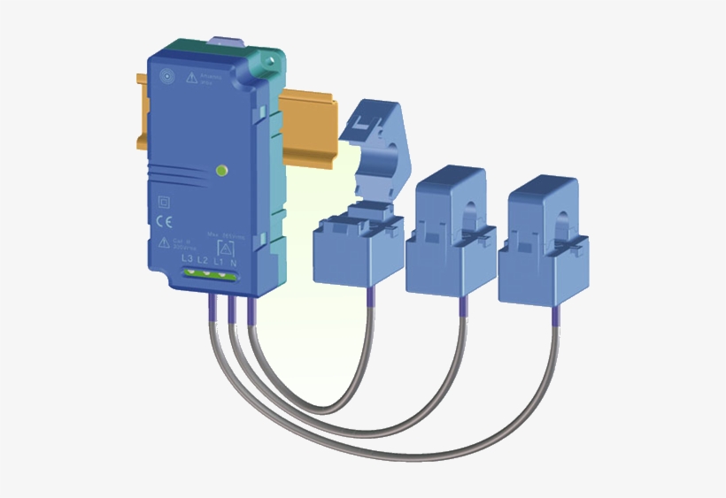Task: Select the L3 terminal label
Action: pyautogui.click(x=186, y=260)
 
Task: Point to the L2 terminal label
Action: pyautogui.click(x=202, y=261)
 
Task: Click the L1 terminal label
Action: pyautogui.click(x=218, y=262)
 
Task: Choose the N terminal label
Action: pyautogui.click(x=233, y=263)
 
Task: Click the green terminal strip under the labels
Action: pyautogui.click(x=210, y=274)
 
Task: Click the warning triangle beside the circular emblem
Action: pyautogui.click(x=192, y=78)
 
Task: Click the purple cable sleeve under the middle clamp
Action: pyautogui.click(x=460, y=306)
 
